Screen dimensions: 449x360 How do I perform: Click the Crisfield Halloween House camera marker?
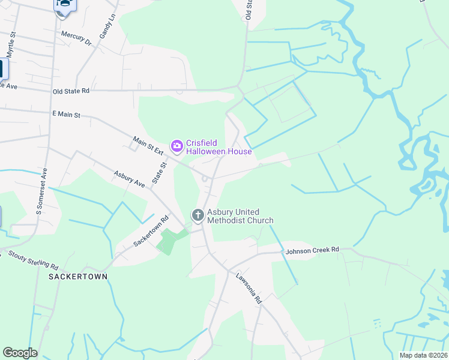[176, 145]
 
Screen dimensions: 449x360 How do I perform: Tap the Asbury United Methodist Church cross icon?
[197, 214]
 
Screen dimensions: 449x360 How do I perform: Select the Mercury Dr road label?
[76, 38]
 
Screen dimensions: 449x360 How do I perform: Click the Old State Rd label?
[71, 91]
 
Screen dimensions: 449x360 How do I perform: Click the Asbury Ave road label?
[130, 178]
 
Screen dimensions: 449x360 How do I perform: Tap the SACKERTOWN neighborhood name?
[79, 277]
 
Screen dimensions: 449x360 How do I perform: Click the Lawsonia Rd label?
[249, 287]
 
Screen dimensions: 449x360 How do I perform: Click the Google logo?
[20, 353]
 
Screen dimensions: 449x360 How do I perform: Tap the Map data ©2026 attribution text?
[423, 355]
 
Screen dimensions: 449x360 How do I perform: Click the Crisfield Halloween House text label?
[218, 147]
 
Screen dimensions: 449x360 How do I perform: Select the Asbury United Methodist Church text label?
[240, 216]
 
